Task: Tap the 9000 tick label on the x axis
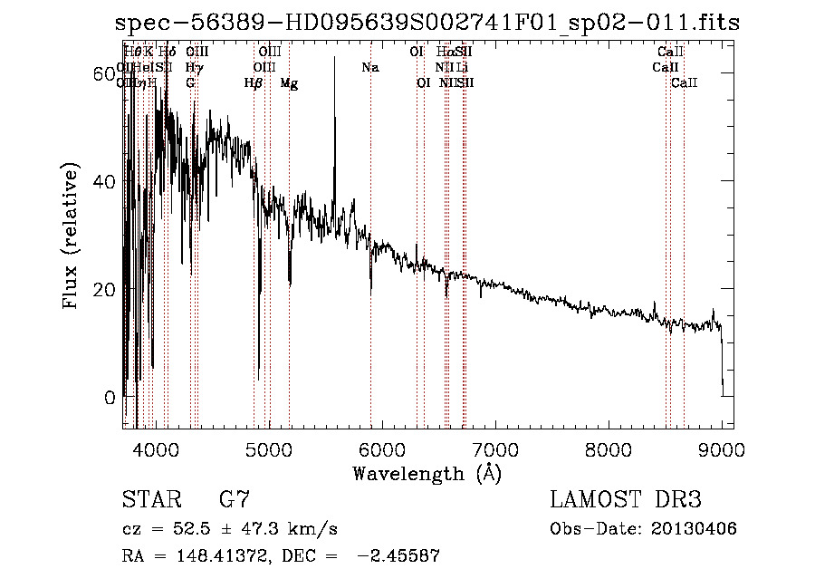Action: [x=722, y=448]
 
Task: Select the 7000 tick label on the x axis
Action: [x=494, y=448]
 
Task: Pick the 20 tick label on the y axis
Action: [x=106, y=289]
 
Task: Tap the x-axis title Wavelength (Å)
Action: [x=427, y=473]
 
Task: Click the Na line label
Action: [x=369, y=67]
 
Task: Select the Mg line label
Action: [x=289, y=83]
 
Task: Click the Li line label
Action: [x=462, y=67]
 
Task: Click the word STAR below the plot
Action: [x=149, y=499]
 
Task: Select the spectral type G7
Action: [x=234, y=499]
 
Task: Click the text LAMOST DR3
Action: [x=625, y=499]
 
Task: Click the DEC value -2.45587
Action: [x=398, y=556]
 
